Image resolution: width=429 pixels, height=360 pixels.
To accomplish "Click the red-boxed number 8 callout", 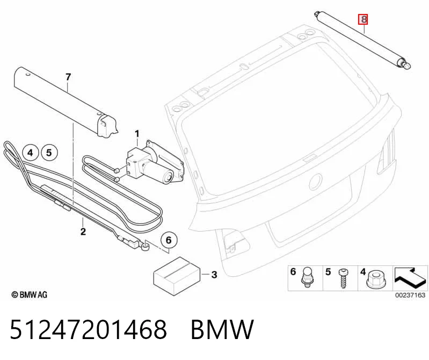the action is (x=363, y=19).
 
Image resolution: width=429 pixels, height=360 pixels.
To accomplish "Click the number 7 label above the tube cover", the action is (x=68, y=77).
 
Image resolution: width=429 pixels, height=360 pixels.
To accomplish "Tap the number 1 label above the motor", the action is (x=137, y=134).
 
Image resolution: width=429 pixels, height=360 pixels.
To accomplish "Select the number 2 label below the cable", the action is (x=83, y=232).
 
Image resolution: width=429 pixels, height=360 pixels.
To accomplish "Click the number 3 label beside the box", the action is (x=214, y=275).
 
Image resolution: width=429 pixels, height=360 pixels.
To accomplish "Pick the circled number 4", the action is (x=30, y=153).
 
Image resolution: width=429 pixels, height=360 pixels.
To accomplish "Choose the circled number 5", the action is (x=49, y=153).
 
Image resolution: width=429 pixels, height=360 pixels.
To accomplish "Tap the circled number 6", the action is (x=169, y=240).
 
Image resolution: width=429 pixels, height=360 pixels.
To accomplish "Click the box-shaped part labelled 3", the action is (x=177, y=276).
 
